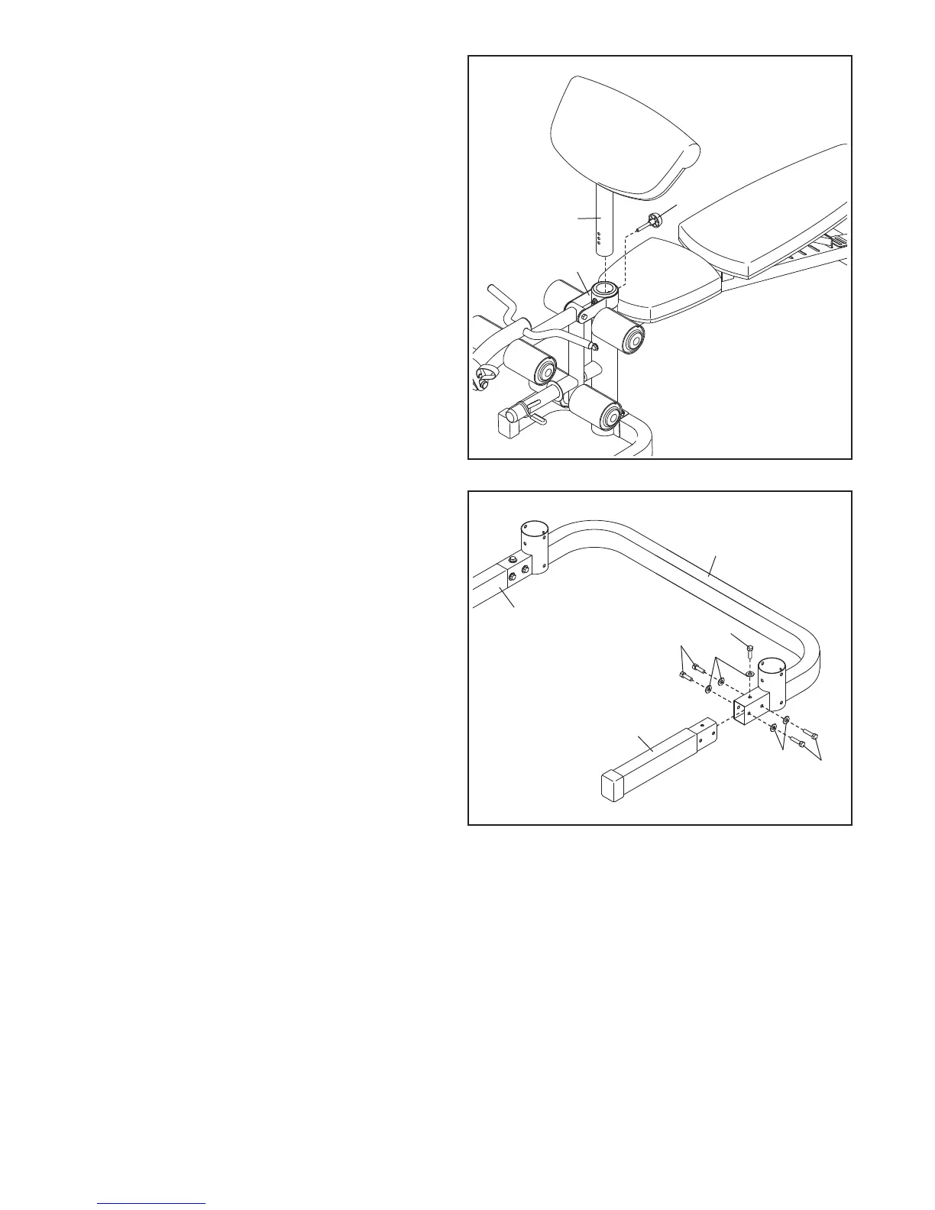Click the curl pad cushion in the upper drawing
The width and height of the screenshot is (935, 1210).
coord(623,137)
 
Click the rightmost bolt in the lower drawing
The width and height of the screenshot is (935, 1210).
coord(814,738)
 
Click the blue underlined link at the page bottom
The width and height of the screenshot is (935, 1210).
coord(151,1202)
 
